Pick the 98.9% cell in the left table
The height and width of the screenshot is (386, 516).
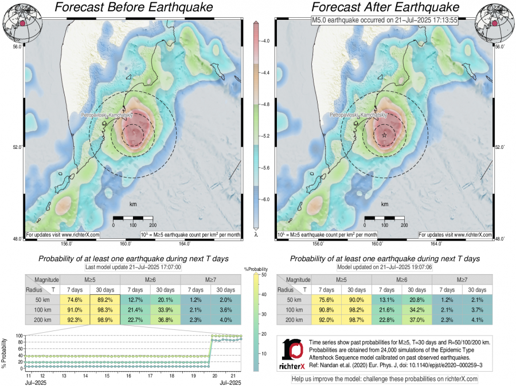point(104,320)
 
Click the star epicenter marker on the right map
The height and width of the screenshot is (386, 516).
point(384,135)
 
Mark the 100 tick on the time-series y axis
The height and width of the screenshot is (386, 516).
point(19,336)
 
